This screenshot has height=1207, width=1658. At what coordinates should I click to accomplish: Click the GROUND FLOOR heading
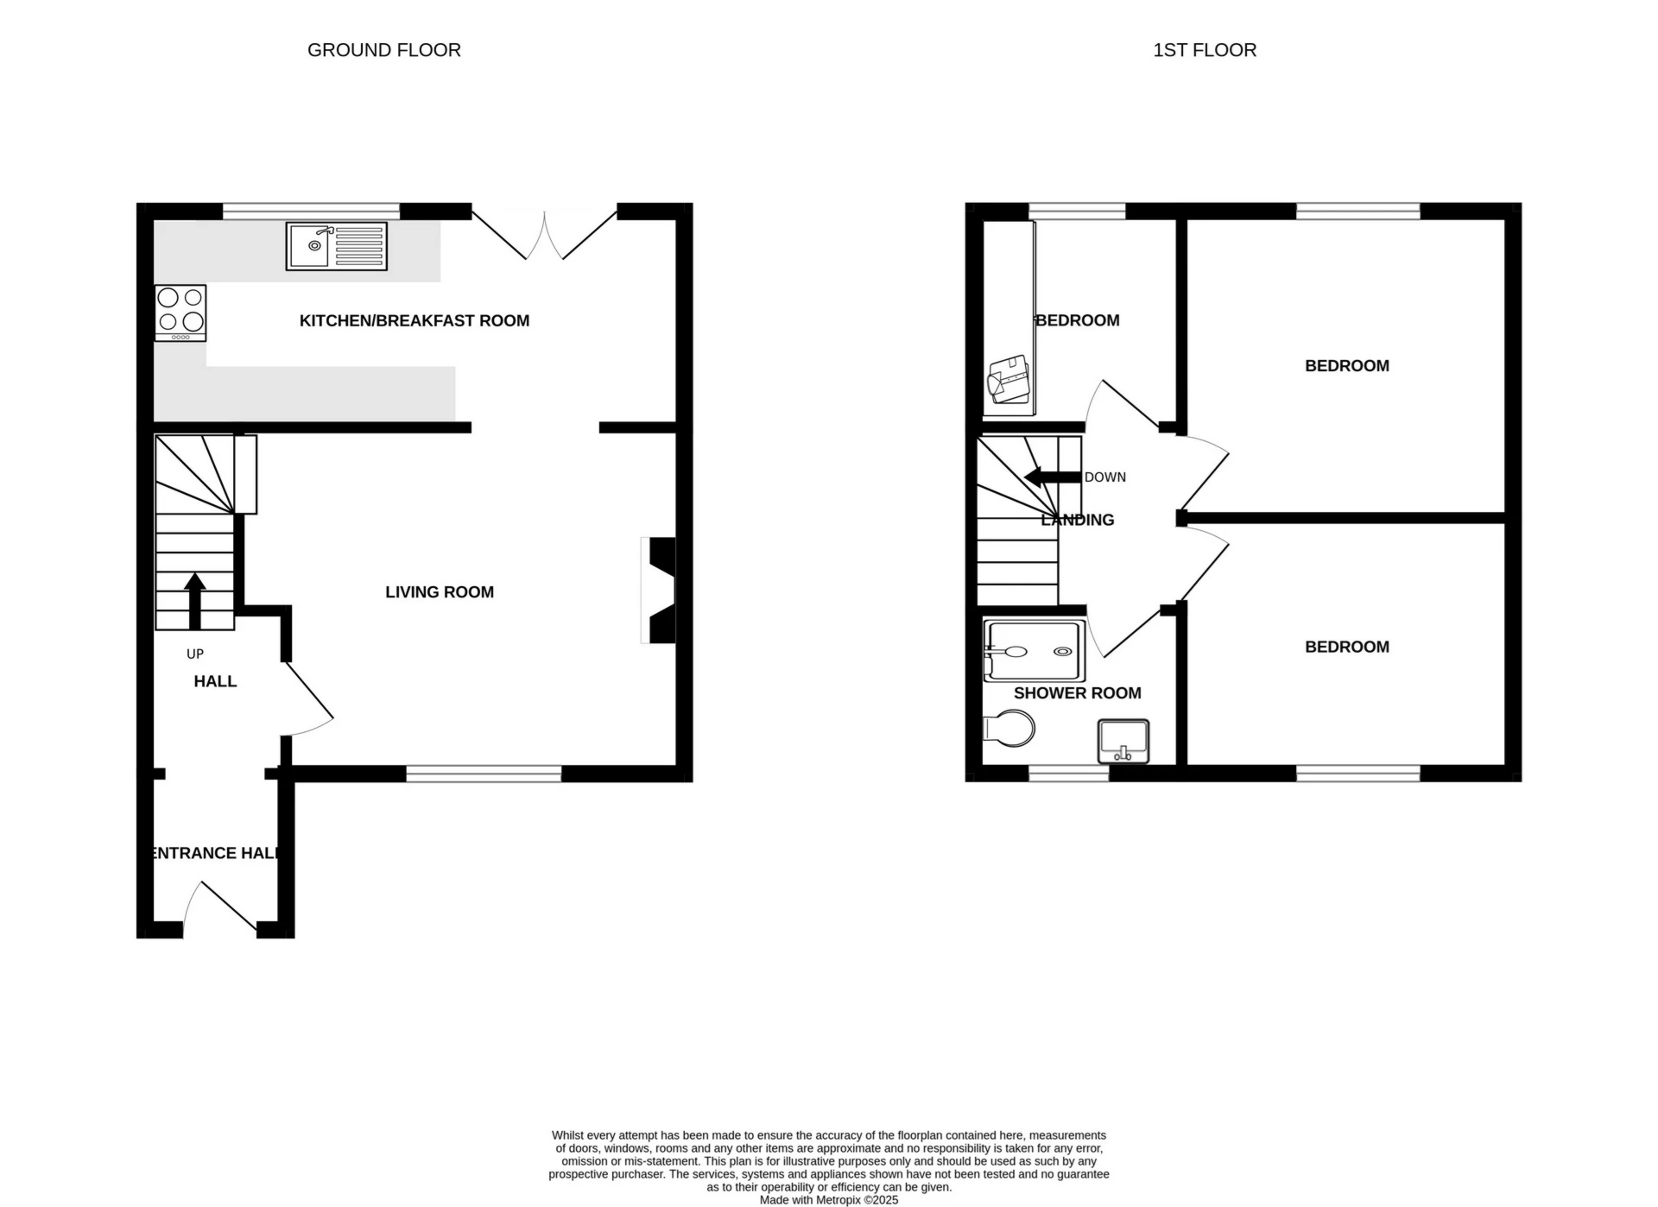coord(383,50)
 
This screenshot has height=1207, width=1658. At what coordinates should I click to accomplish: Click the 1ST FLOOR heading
coord(1204,50)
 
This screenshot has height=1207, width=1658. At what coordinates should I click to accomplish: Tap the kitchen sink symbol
coord(336,246)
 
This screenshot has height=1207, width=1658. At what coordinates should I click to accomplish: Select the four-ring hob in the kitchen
coord(180,313)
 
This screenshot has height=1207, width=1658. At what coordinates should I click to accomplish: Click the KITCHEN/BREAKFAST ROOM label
coord(414,320)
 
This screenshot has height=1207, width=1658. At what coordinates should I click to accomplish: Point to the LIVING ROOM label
coord(439,592)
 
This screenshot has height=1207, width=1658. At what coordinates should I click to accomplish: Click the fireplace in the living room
coord(660,591)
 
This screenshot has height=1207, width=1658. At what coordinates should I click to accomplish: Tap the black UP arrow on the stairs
coord(195,599)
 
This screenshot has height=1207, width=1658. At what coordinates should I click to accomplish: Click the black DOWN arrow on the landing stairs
coord(1050,477)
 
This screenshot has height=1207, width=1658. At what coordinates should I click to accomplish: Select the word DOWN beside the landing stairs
coord(1104,477)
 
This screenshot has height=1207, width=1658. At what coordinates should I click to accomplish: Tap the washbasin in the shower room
coord(1123,741)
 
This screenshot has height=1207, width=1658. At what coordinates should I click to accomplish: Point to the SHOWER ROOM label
coord(1077,693)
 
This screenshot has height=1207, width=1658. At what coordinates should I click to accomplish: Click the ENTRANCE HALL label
coord(215,853)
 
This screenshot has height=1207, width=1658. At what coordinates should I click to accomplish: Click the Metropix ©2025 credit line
coord(828,1200)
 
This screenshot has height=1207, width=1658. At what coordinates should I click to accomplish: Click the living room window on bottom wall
coord(484,774)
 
